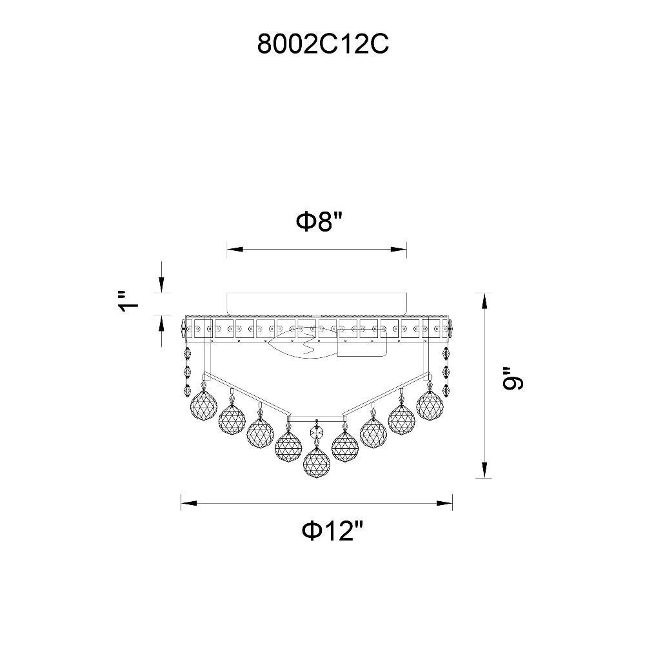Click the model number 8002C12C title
tap(322, 44)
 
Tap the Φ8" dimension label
tap(320, 222)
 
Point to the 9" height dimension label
tap(513, 378)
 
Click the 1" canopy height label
tap(129, 303)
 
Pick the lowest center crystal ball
tap(316, 462)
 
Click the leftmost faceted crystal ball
tap(203, 405)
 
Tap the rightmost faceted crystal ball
tap(430, 405)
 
